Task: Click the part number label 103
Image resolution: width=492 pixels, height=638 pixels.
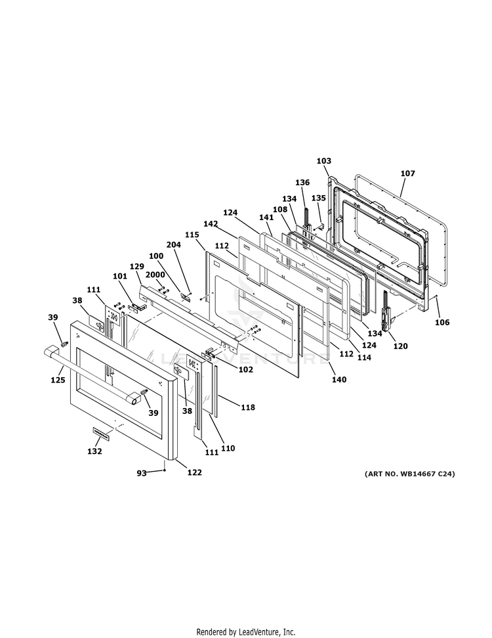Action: click(x=323, y=161)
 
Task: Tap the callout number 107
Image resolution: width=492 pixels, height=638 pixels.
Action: click(x=407, y=173)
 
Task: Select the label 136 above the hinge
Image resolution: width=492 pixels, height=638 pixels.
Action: click(x=302, y=182)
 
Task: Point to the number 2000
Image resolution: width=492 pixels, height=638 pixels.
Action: click(x=155, y=275)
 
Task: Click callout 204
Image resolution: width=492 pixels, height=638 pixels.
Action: click(x=173, y=244)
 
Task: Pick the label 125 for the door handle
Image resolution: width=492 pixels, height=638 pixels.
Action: click(x=58, y=380)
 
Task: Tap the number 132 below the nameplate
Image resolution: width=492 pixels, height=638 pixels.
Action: click(x=94, y=451)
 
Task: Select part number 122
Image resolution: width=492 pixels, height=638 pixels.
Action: click(x=194, y=472)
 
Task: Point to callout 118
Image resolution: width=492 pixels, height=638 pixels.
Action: click(x=247, y=407)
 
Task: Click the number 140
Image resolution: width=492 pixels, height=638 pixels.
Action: click(x=339, y=379)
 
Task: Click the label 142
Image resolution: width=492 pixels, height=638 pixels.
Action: click(x=210, y=224)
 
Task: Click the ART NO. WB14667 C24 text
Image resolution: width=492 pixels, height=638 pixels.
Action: click(x=409, y=474)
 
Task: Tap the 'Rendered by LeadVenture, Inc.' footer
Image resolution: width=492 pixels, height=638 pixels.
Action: click(x=246, y=631)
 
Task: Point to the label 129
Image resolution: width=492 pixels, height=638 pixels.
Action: click(x=136, y=266)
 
